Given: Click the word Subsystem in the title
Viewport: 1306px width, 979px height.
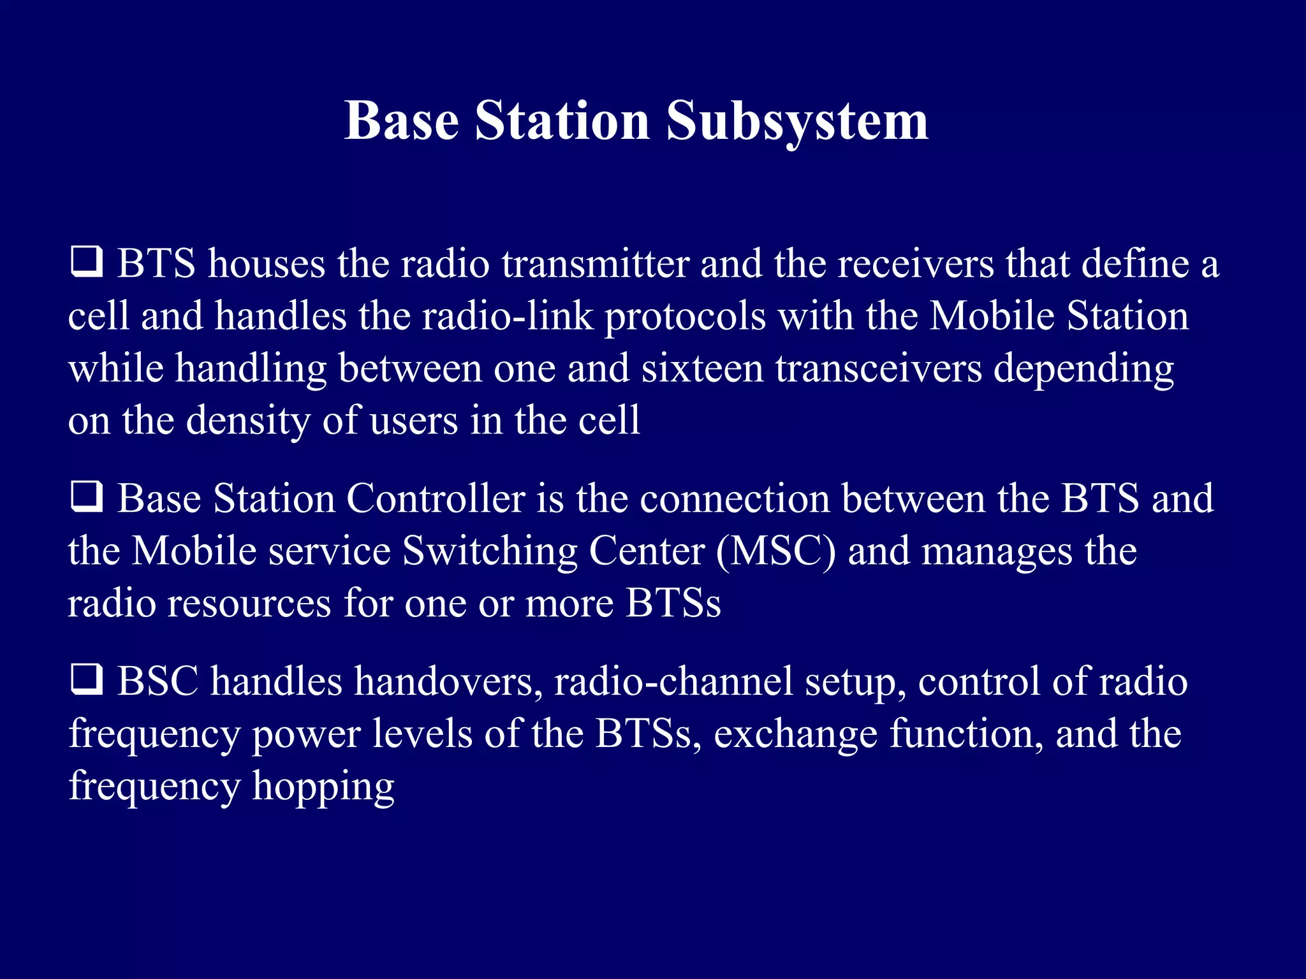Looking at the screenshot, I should click(797, 121).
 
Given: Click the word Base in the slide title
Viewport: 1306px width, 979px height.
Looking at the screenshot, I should click(402, 121).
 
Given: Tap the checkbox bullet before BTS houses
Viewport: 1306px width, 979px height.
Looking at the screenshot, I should click(86, 262).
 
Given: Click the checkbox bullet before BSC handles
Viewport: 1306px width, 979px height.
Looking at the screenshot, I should click(86, 679).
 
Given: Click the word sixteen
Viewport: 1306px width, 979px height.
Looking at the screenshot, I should click(701, 368).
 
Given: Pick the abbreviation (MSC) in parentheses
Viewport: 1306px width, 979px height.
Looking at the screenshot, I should click(775, 551).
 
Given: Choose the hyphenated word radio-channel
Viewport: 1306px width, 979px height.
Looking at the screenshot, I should click(673, 681).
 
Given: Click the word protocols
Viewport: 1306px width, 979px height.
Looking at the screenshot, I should click(684, 317).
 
